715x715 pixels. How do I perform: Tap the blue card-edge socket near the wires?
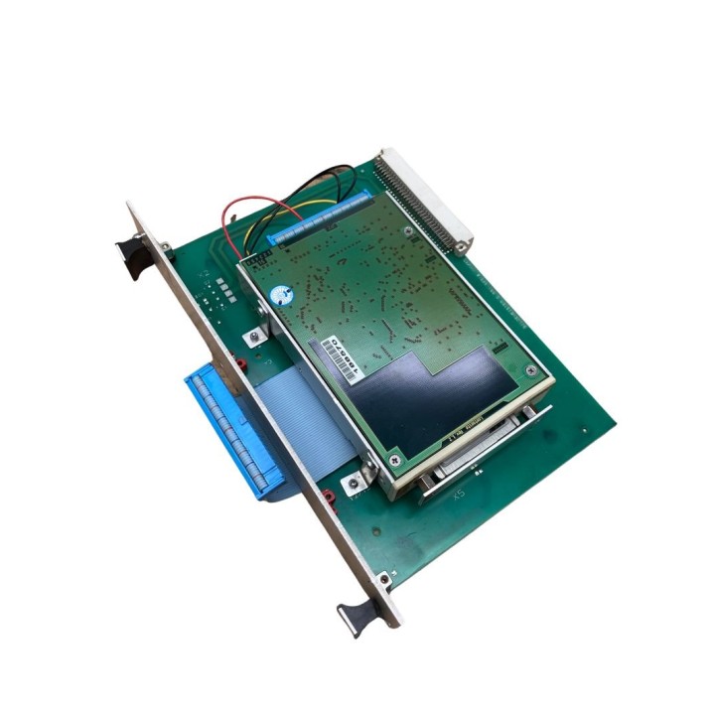coord(323,219)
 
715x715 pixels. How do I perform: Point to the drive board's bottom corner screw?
coord(395,458)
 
